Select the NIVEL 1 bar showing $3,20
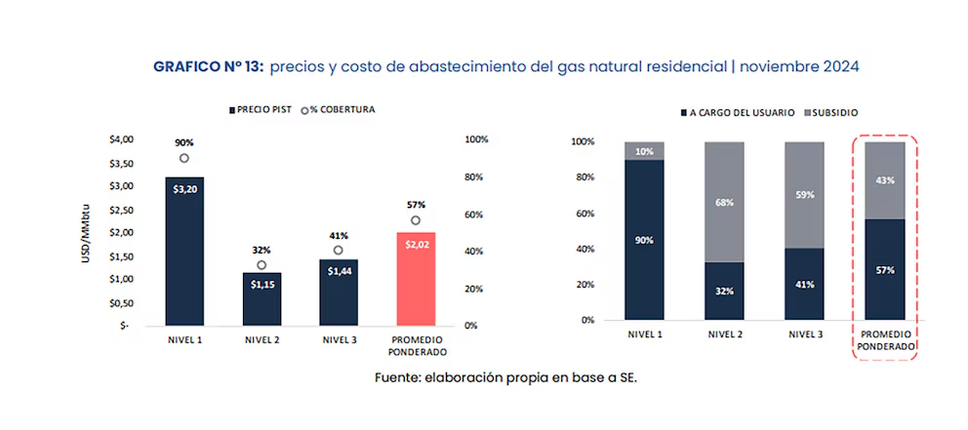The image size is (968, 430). [184, 251]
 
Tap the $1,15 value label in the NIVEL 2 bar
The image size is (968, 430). [262, 284]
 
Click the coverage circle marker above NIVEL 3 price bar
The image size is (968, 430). [338, 251]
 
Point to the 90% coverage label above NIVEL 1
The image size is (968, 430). [183, 140]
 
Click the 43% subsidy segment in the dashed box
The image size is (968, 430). [885, 180]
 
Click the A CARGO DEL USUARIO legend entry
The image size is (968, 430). [737, 112]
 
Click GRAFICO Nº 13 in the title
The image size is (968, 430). [208, 66]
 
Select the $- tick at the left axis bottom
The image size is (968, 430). [124, 326]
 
